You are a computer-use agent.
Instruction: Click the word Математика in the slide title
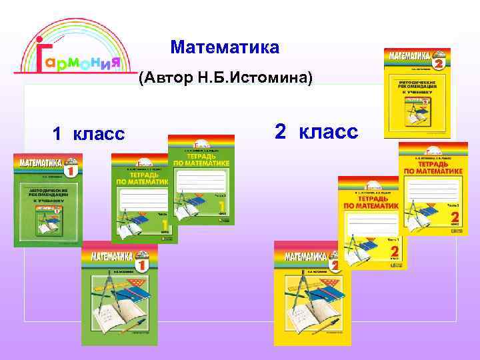(x=225, y=48)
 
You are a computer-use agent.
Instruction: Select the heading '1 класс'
(x=89, y=134)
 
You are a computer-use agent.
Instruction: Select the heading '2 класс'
(x=316, y=132)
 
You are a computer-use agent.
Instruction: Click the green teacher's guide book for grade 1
(x=48, y=200)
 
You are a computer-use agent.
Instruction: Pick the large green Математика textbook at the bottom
(x=119, y=293)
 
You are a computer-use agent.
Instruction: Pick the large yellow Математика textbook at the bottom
(x=312, y=293)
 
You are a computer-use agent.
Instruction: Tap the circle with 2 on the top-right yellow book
(x=438, y=63)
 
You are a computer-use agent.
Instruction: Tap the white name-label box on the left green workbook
(x=143, y=197)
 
